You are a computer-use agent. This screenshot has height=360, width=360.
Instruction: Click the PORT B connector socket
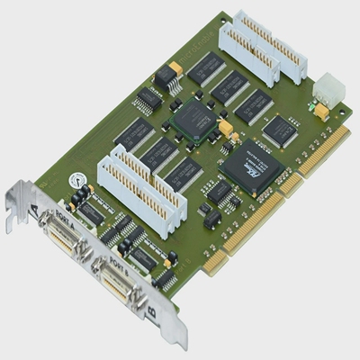[x=114, y=286]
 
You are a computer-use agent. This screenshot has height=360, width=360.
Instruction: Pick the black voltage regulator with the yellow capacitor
[x=167, y=76]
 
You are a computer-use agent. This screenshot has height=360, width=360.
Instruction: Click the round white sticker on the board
[x=78, y=178]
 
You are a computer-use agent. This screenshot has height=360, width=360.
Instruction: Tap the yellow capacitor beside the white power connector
[x=320, y=111]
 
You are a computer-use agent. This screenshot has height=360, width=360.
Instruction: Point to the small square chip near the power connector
[x=280, y=130]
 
